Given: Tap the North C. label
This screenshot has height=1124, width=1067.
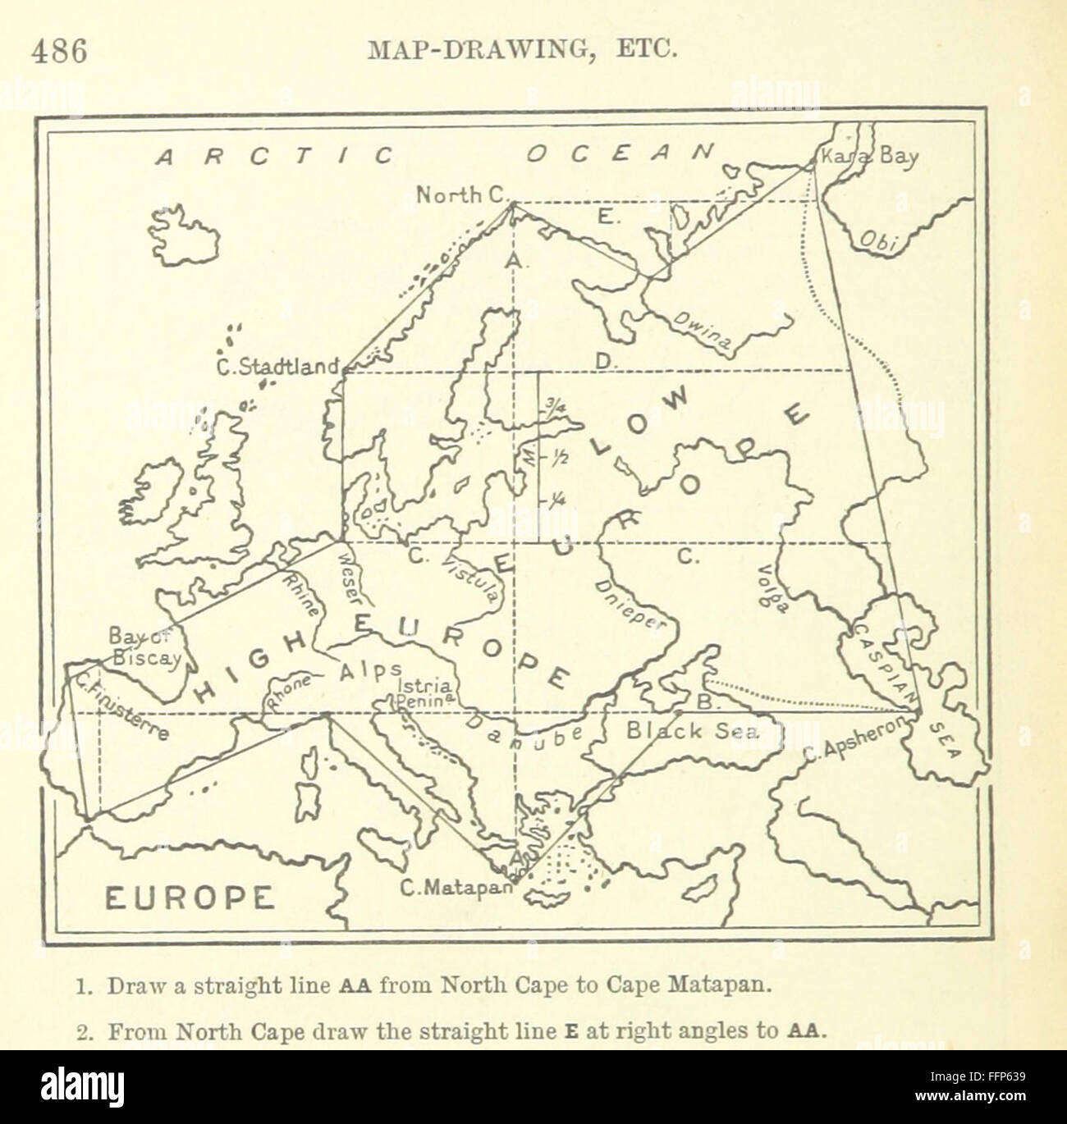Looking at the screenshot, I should coord(462,195).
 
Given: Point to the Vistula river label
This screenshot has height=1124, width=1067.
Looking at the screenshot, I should coord(469,578).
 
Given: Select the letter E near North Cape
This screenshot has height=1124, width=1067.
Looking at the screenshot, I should coord(605,217).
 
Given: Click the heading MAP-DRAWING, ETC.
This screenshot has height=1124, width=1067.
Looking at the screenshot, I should coord(521,51).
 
